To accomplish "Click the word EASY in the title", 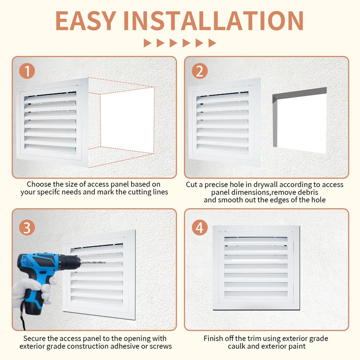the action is pyautogui.click(x=85, y=21).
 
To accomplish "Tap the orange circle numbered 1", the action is pyautogui.click(x=27, y=71).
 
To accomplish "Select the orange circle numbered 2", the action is pyautogui.click(x=200, y=71).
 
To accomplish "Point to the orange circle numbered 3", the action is pyautogui.click(x=27, y=228).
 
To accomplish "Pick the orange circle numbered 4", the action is pyautogui.click(x=200, y=228).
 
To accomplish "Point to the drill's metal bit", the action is pyautogui.click(x=93, y=262).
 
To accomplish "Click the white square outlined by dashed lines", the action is pyautogui.click(x=127, y=121).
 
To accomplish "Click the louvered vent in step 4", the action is pyautogui.click(x=256, y=268).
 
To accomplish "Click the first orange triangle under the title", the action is pyautogui.click(x=147, y=43).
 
